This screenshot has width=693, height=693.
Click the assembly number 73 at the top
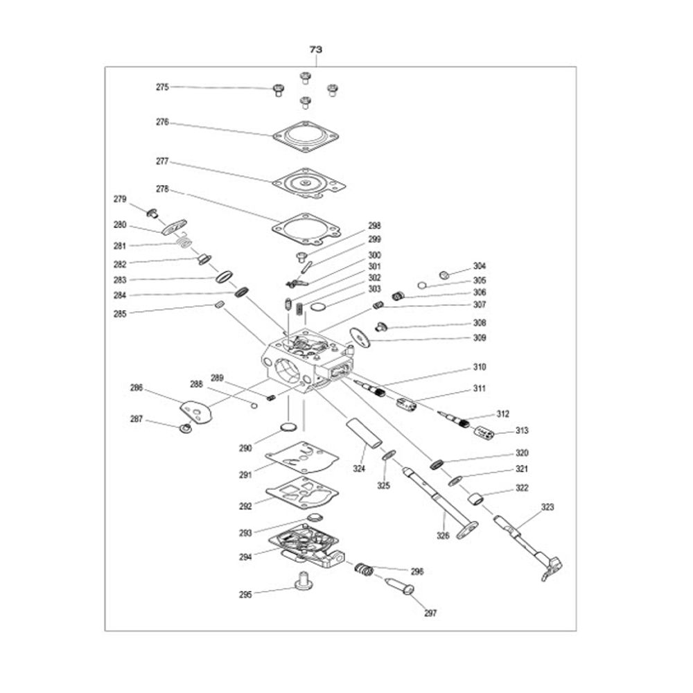pos(315,49)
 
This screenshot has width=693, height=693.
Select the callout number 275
pos(162,87)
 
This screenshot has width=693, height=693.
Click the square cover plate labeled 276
pos(306,136)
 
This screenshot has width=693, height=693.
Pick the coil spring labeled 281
pos(186,242)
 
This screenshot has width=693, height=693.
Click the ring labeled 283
pos(225,277)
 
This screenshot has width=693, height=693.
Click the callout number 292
pos(245,506)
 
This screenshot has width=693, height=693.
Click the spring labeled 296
pos(365,570)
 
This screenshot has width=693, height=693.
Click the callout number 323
pos(547,507)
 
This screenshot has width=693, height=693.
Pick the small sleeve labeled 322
pos(475,500)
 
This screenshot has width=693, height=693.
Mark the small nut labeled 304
pos(445,275)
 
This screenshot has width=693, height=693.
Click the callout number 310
pos(479,367)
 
